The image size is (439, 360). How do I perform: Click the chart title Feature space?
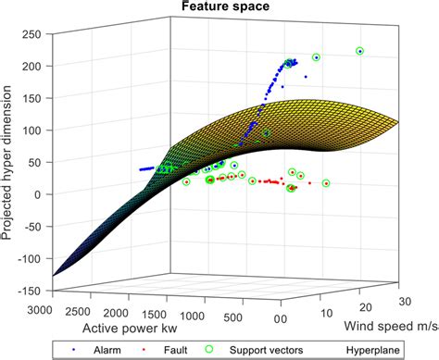coord(219,8)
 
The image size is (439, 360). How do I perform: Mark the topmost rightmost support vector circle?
coord(360,51)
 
